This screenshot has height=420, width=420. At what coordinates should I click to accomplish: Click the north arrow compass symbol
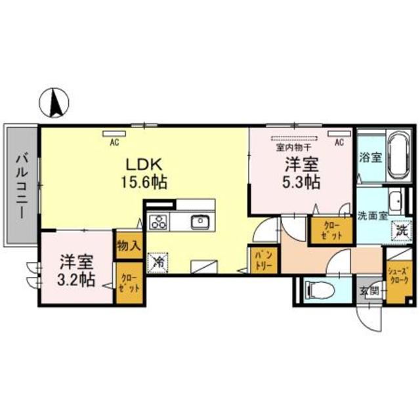pyautogui.click(x=56, y=102)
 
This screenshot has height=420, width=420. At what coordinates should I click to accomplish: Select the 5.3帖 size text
pyautogui.click(x=302, y=180)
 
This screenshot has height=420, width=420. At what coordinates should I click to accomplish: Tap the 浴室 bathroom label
pyautogui.click(x=371, y=157)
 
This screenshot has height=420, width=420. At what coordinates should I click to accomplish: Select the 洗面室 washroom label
pyautogui.click(x=371, y=215)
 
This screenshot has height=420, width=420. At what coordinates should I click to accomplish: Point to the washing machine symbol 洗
pyautogui.click(x=400, y=230)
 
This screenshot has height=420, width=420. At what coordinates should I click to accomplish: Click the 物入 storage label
pyautogui.click(x=129, y=245)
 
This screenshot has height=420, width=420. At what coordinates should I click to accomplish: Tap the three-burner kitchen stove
pyautogui.click(x=158, y=222)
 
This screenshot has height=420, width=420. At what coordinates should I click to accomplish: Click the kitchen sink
pyautogui.click(x=200, y=222)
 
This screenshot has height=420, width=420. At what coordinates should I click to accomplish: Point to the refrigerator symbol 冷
pyautogui.click(x=158, y=261)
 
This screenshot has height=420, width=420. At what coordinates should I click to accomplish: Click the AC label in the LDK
pyautogui.click(x=114, y=141)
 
